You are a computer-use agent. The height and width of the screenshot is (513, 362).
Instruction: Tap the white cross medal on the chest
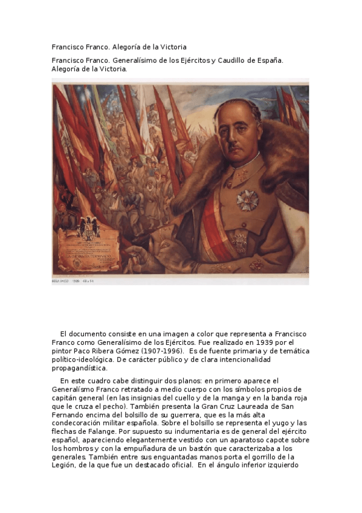247,200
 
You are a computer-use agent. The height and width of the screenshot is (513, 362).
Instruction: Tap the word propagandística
79,368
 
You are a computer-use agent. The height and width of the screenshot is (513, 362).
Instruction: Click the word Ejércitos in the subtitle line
190,60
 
